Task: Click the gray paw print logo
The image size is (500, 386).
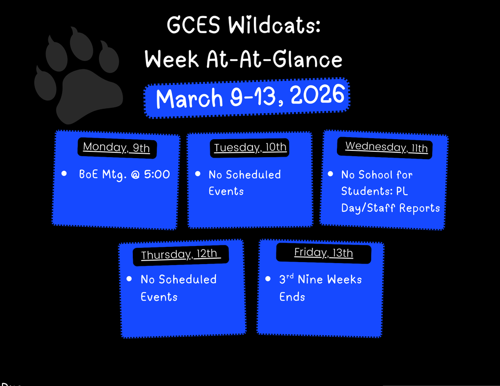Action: tap(81, 78)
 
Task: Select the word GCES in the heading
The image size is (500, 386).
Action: tap(193, 26)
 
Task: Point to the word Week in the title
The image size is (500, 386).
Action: tap(172, 60)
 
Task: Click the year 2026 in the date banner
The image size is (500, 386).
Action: tap(317, 95)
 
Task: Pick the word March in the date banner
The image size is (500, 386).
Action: tap(189, 98)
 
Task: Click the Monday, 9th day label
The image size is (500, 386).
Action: tap(116, 147)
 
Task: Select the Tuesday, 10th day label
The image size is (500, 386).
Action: tap(250, 147)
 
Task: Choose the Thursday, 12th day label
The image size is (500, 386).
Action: tap(180, 254)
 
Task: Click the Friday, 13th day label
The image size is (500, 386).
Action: tap(323, 252)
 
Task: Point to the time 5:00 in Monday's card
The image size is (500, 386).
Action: tap(157, 174)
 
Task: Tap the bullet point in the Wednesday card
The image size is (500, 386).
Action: tap(331, 174)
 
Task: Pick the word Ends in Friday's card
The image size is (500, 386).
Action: tap(292, 297)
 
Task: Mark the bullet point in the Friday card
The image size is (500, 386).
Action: tap(268, 279)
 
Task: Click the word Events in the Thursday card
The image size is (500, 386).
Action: tap(159, 297)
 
